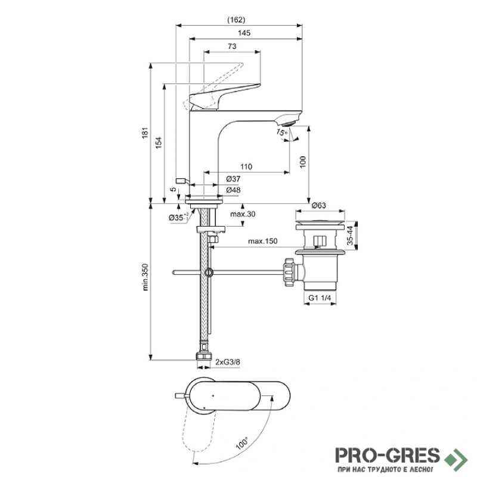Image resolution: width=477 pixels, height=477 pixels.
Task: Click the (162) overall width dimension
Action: pyautogui.click(x=236, y=20)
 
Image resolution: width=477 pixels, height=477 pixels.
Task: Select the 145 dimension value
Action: pyautogui.click(x=244, y=33)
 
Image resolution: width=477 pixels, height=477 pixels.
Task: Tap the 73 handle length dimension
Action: pyautogui.click(x=232, y=47)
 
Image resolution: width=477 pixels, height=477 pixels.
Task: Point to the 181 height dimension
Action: pyautogui.click(x=145, y=132)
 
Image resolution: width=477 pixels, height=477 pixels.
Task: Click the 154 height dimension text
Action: pyautogui.click(x=159, y=143)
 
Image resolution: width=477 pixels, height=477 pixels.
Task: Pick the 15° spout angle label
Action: pyautogui.click(x=281, y=132)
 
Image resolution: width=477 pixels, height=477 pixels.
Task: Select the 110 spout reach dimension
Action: pyautogui.click(x=246, y=167)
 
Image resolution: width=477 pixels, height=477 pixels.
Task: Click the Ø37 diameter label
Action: pyautogui.click(x=233, y=179)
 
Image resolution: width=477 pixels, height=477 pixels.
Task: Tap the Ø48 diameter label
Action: pyautogui.click(x=233, y=190)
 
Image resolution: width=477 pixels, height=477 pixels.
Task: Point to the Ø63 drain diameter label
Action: pyautogui.click(x=319, y=205)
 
